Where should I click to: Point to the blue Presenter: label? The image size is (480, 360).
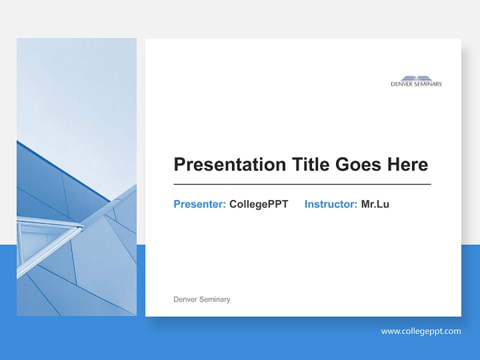(x=199, y=204)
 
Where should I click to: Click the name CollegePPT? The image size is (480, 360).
(x=258, y=204)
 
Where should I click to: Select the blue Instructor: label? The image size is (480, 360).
(x=330, y=204)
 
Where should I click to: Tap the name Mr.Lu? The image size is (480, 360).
(x=375, y=204)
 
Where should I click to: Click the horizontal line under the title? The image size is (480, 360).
(x=302, y=184)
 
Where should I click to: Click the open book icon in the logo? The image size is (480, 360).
(x=416, y=78)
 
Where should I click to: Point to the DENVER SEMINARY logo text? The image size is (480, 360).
(x=416, y=84)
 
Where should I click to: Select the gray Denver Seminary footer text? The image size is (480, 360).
(x=201, y=299)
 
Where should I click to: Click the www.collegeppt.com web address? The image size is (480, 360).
(x=421, y=331)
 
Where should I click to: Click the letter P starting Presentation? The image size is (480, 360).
(x=179, y=164)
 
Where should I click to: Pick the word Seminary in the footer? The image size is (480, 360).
(x=214, y=299)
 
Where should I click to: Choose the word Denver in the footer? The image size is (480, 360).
(x=185, y=299)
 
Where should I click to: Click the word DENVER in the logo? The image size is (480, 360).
(x=401, y=84)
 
